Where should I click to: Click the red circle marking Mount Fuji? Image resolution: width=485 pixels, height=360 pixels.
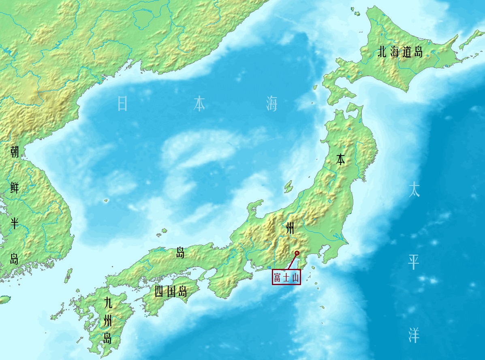[x=297, y=253]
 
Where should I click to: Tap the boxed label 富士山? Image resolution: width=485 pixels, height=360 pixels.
[x=286, y=278]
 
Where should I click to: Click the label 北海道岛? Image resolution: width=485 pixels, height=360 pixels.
[x=400, y=52]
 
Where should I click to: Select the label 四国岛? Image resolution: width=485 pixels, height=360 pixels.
[x=171, y=291]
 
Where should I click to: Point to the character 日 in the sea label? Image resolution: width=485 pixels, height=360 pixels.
[x=122, y=104]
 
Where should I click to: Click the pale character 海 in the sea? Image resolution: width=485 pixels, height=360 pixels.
[x=272, y=104]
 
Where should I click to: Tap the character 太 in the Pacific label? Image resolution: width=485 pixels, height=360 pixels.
[x=414, y=190]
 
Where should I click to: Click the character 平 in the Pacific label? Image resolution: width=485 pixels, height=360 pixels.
[x=414, y=263]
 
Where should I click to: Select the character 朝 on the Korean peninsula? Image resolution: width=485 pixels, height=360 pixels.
[x=14, y=152]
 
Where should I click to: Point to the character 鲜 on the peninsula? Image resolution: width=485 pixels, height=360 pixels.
[x=14, y=187]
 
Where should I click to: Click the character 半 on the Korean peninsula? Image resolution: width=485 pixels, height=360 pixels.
[x=14, y=223]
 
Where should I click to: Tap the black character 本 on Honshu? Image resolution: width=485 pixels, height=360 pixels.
[x=340, y=160]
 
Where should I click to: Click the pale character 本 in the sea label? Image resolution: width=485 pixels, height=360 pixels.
[x=199, y=104]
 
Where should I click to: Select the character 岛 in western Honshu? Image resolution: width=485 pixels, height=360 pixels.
[x=180, y=253]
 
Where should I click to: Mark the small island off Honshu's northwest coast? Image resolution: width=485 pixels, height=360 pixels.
[x=288, y=186]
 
